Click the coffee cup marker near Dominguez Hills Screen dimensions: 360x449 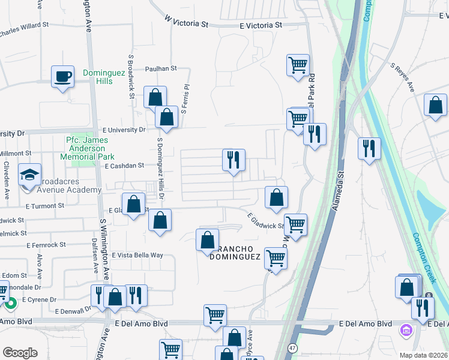point(62,77)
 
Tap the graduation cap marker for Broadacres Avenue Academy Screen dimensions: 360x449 point(29,175)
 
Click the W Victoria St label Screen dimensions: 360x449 point(185,22)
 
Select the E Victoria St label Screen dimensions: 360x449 point(261,25)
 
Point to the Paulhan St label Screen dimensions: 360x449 point(161,68)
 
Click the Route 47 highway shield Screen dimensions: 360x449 point(292,348)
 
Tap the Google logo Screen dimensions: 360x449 point(20,353)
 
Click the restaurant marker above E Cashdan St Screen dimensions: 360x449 point(234,160)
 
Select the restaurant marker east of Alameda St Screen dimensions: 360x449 point(369,148)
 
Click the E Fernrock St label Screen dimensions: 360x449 point(46,245)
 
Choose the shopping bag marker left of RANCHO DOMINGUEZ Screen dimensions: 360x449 point(207,240)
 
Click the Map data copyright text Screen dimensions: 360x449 point(424,355)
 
